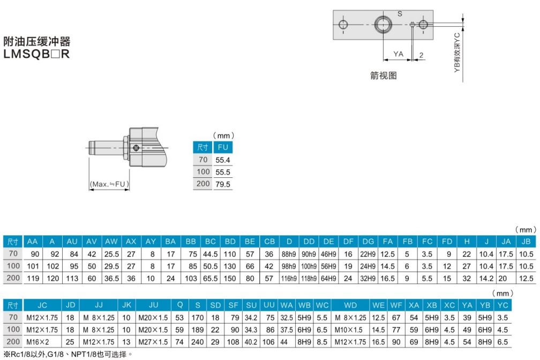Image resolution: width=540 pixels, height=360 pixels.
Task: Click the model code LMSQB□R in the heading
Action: coord(37,54)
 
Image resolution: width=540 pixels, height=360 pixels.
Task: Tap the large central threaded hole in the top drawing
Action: coord(383,25)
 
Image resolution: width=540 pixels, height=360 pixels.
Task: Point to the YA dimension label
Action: coord(398,54)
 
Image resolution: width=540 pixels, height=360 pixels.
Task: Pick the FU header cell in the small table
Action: coord(222,147)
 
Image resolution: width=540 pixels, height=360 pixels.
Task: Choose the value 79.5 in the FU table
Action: coord(222,184)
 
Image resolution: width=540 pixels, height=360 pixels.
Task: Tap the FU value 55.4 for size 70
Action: coord(222,160)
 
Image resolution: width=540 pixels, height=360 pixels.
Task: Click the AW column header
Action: coord(111,242)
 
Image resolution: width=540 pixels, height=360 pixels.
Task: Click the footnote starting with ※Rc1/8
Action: coord(67,354)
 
